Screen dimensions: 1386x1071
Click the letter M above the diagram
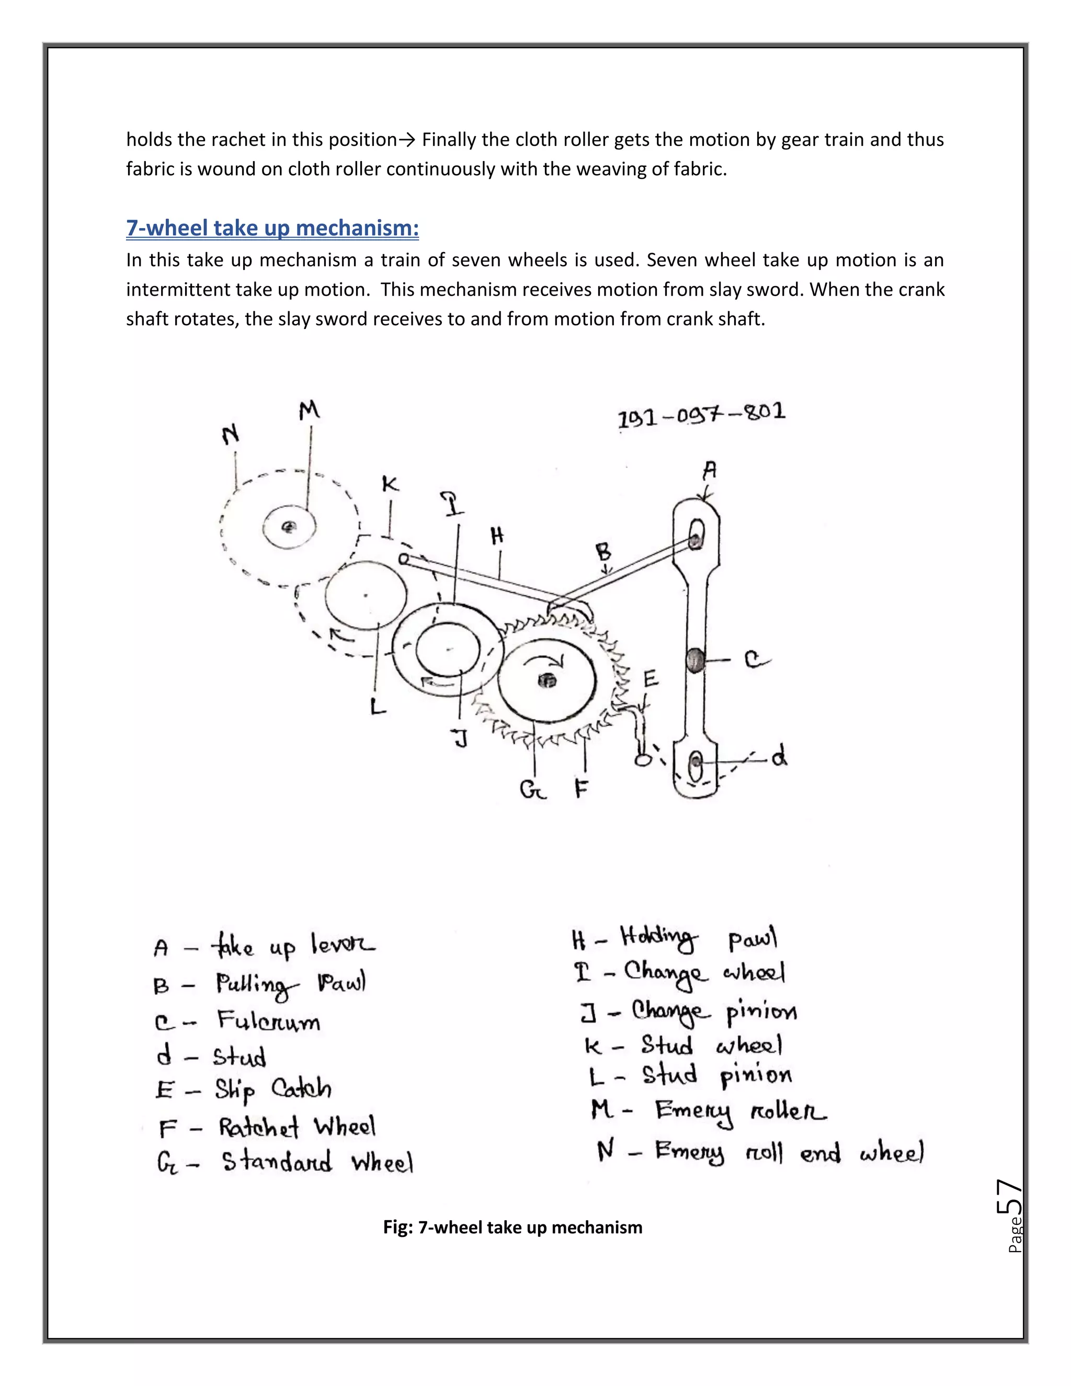[x=309, y=411]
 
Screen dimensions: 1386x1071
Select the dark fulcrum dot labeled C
[x=695, y=660]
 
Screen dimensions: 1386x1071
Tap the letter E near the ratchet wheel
[x=651, y=680]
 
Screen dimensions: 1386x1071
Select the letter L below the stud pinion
[x=378, y=706]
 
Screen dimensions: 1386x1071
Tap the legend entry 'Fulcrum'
[x=268, y=1020]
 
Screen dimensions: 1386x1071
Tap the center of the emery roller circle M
[x=289, y=527]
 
